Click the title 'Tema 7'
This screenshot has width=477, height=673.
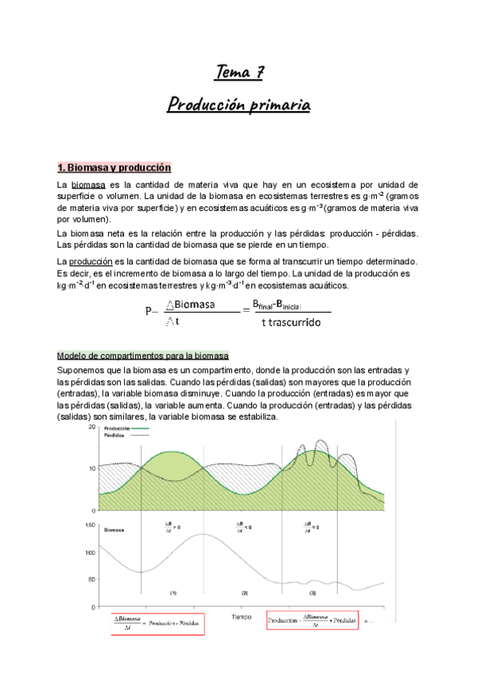(238, 75)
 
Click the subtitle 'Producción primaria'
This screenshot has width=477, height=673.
(238, 105)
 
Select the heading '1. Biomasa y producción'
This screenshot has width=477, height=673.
(114, 168)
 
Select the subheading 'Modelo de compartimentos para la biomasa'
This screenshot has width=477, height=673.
(143, 356)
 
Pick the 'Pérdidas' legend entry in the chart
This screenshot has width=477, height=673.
(117, 435)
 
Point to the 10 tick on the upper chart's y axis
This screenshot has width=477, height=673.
(91, 468)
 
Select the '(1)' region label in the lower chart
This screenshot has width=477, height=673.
(173, 593)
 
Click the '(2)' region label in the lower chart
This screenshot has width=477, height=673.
(244, 593)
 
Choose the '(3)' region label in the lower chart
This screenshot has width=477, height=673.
(312, 593)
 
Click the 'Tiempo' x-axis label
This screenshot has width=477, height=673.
(242, 616)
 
